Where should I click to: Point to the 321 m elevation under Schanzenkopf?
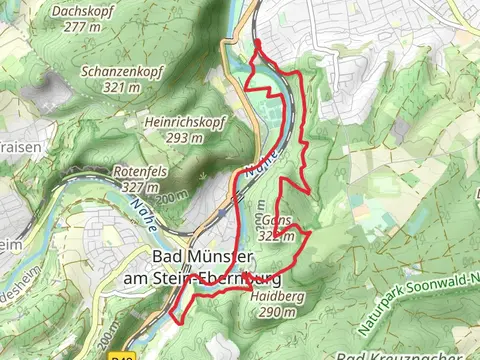coord(122,87)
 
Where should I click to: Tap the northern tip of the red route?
coord(257,42)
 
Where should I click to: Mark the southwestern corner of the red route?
coord(177,321)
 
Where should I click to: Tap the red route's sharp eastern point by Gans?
coord(311,233)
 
